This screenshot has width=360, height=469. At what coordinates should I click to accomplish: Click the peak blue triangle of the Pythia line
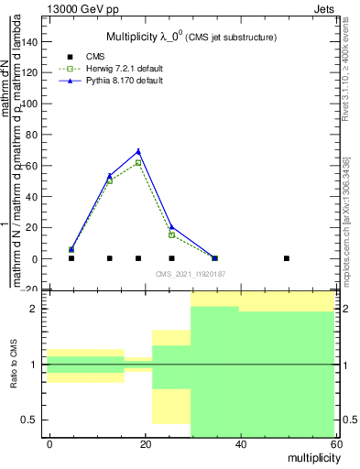(138, 151)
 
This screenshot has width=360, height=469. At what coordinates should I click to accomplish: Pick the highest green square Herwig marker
(138, 162)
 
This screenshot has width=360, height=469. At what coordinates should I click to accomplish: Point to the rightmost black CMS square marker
(287, 258)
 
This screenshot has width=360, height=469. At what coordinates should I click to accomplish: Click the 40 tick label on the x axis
(239, 444)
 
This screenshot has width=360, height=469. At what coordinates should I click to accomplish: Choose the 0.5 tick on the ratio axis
(34, 420)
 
